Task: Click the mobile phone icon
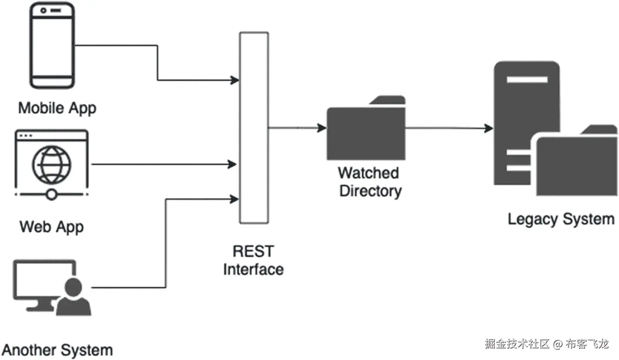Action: [x=52, y=46]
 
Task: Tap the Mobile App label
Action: [x=57, y=108]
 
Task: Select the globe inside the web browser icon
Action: [x=51, y=165]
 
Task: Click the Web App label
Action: [x=52, y=227]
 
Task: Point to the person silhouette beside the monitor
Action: [x=74, y=298]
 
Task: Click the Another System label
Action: [x=57, y=350]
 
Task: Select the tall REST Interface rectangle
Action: [x=254, y=128]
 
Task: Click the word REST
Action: [x=253, y=251]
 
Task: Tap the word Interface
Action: [x=253, y=269]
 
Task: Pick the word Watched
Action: [x=368, y=173]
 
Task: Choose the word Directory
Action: [x=370, y=191]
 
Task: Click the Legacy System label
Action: [x=561, y=218]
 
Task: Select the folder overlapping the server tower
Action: [x=576, y=163]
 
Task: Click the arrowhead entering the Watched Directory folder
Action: [x=322, y=128]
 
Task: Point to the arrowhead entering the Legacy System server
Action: [x=489, y=128]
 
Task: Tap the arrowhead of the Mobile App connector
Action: [x=235, y=80]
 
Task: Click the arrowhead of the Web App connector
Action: [x=233, y=165]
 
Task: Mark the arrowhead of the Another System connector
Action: [x=235, y=199]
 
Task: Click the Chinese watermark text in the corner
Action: [x=547, y=344]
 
